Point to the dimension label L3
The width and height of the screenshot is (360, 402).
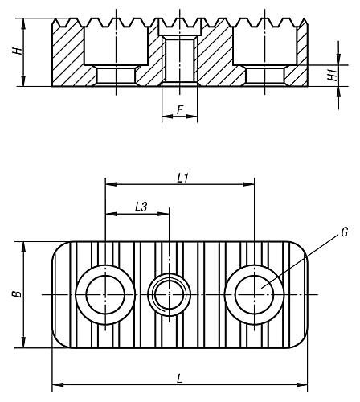click(x=139, y=207)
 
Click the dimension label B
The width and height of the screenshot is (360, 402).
click(x=15, y=295)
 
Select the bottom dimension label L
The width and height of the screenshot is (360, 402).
click(x=179, y=376)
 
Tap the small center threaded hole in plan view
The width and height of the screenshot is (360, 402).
click(x=169, y=295)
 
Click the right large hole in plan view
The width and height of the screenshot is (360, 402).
click(x=255, y=295)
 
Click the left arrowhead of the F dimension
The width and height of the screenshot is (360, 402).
click(x=166, y=117)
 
